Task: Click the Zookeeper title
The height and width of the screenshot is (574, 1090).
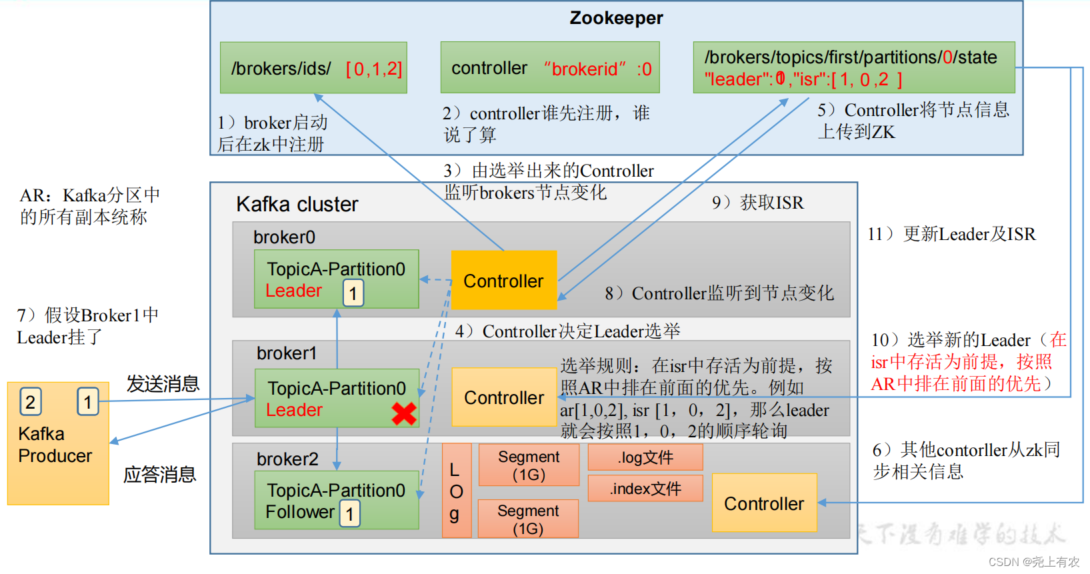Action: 616,18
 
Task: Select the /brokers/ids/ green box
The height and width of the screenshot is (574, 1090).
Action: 313,68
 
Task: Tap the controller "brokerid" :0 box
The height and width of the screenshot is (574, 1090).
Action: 550,68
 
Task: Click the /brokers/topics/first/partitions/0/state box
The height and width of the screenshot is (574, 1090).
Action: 853,67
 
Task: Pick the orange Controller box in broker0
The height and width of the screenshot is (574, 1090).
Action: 503,280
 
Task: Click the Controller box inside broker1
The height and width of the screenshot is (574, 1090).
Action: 503,397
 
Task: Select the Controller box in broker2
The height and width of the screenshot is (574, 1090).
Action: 764,503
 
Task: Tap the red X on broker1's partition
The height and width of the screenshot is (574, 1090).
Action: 404,413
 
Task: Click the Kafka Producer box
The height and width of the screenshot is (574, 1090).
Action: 58,443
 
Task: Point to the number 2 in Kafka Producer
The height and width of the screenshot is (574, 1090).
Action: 30,402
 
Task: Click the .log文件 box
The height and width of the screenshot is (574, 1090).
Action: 645,457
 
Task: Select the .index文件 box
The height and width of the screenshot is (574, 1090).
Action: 645,489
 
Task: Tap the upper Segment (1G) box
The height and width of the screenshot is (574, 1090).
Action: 529,465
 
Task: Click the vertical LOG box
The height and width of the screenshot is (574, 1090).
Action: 456,491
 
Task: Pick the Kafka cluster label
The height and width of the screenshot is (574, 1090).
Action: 297,204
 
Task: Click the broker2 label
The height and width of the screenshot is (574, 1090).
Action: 287,459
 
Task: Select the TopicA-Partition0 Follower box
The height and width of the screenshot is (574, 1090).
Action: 337,500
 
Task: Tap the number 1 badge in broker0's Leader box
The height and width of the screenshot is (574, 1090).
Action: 353,293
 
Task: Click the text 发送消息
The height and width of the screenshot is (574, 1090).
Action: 163,383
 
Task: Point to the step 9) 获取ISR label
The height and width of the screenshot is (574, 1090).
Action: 758,203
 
